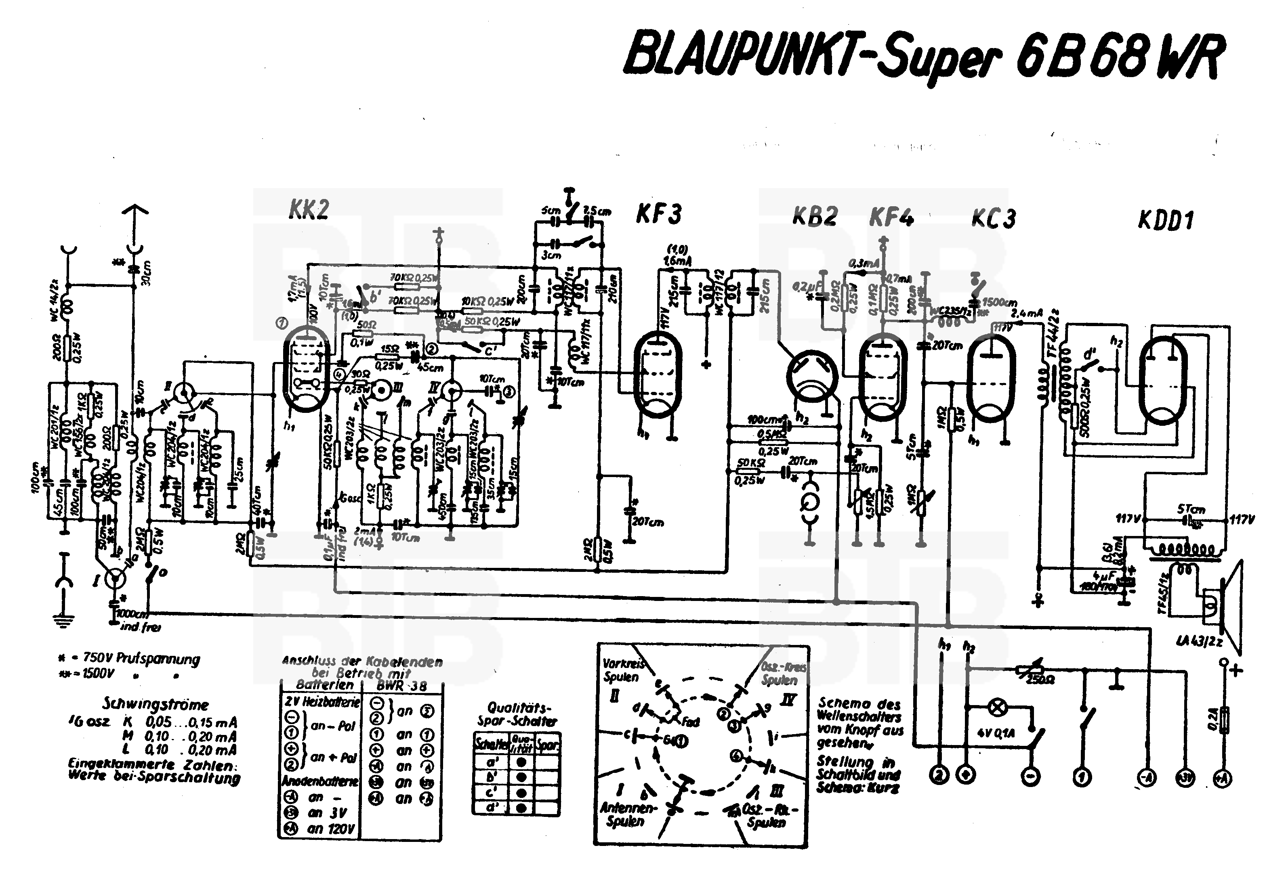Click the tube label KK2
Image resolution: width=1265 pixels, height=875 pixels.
308,210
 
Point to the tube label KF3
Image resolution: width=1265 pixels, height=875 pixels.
658,214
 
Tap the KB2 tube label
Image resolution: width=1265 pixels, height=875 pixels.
815,217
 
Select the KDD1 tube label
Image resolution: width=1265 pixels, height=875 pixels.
1166,220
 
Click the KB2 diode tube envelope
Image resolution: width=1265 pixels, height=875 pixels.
811,378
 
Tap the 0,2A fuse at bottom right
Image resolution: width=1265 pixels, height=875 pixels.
1223,718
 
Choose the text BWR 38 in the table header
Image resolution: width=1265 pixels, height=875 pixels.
401,685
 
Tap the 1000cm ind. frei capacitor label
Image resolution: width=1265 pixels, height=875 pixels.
137,620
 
